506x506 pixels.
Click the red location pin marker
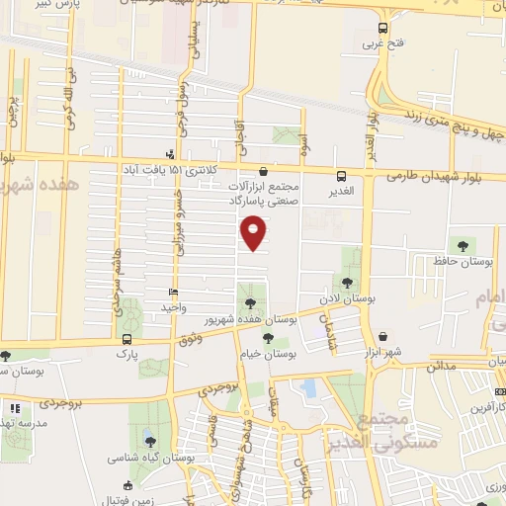point(254,232)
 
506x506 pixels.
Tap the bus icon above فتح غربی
point(382,29)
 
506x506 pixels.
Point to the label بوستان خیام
point(268,353)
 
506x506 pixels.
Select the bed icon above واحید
point(174,293)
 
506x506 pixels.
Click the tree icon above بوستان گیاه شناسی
point(148,441)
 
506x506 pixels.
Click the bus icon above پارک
point(126,338)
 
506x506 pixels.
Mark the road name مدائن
point(442,366)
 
